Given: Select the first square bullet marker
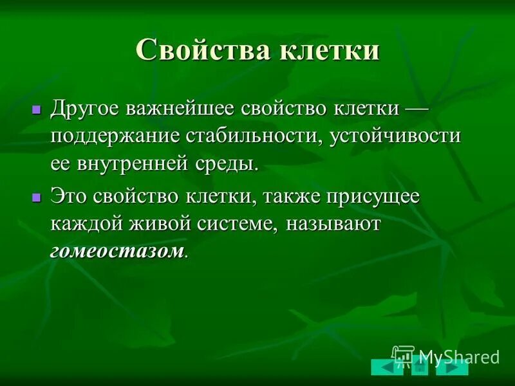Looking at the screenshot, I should coord(36,110).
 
